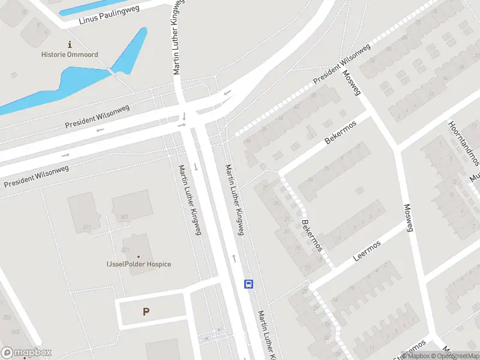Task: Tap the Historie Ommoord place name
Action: point(70,55)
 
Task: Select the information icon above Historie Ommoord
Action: point(70,44)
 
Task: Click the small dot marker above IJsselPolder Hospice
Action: point(138,256)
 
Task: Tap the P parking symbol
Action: point(146,311)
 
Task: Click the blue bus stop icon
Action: point(248,284)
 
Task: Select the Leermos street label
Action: point(367,251)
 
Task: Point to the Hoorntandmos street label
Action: point(464,143)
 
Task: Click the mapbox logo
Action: point(26,353)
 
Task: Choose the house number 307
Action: point(124,217)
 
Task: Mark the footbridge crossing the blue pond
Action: point(111,71)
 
